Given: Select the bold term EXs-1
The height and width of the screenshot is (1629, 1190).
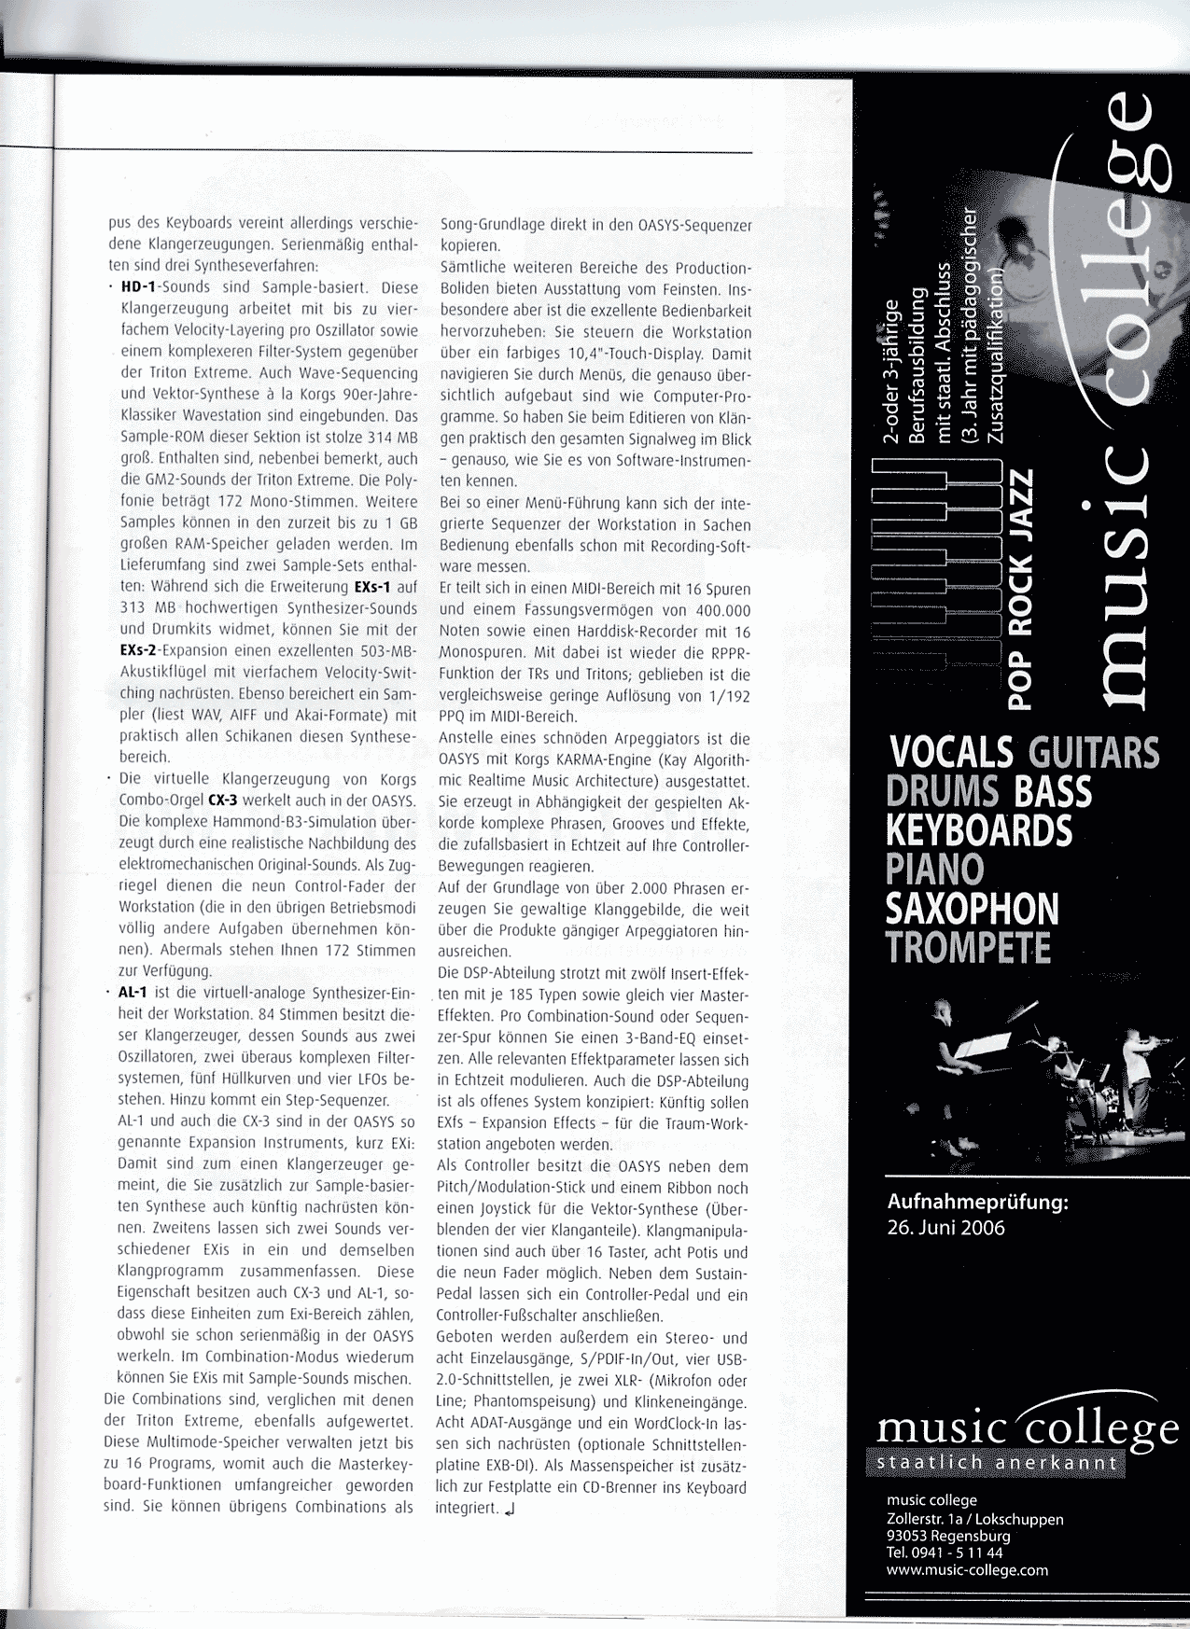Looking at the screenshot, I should [x=372, y=588].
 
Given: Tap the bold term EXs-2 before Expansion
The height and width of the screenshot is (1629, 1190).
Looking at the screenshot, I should [x=138, y=651].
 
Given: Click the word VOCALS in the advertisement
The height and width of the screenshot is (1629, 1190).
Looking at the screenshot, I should [x=951, y=753].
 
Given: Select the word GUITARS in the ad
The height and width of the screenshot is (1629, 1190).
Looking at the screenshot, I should [x=1093, y=753].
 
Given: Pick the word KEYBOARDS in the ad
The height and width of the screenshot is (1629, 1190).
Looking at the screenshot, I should [x=979, y=830].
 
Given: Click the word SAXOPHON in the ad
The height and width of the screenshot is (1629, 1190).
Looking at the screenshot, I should [x=972, y=909].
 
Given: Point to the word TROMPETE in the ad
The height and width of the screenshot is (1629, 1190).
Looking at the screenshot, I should [x=968, y=948].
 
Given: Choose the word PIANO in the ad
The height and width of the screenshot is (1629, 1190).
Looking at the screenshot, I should [x=934, y=870].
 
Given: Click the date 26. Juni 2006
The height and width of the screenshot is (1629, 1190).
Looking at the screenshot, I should [x=945, y=1228].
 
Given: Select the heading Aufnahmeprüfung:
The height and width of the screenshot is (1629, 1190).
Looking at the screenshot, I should [x=977, y=1203].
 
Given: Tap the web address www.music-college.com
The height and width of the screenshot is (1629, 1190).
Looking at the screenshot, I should [x=967, y=1570].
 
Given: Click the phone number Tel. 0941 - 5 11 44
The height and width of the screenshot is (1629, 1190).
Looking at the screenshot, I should [x=945, y=1553].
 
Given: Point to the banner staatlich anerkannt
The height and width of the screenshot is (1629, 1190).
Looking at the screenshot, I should [x=996, y=1463].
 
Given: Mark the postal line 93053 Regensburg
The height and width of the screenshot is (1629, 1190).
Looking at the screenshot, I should [x=948, y=1537].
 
